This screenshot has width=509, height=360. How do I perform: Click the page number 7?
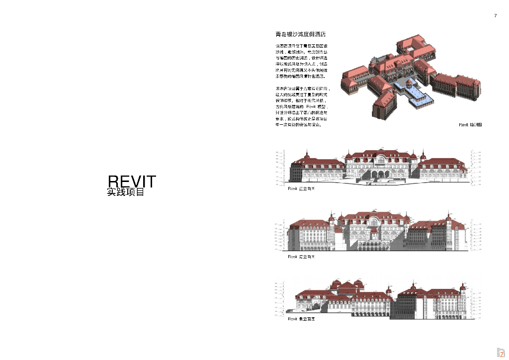click(x=495, y=16)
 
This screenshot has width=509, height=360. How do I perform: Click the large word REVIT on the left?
click(x=132, y=181)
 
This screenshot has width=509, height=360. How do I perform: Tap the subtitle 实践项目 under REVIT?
click(x=126, y=192)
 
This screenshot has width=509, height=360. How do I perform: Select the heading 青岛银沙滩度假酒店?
click(x=300, y=35)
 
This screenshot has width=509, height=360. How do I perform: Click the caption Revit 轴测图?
click(x=470, y=125)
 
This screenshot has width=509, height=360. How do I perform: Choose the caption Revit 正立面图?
click(x=301, y=189)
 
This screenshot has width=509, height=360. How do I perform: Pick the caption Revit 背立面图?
click(x=301, y=257)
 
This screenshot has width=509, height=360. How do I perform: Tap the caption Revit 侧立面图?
click(x=301, y=319)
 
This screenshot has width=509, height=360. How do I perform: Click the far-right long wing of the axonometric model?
click(x=455, y=85)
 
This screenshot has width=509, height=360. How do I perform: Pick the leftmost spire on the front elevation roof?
click(x=309, y=154)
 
